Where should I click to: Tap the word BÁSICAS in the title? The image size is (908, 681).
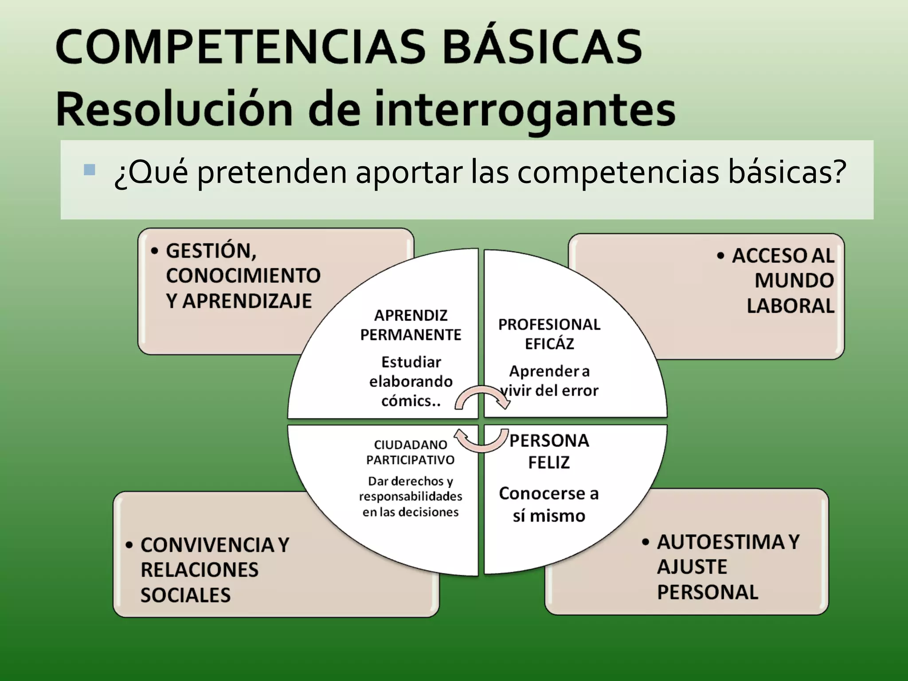point(542,47)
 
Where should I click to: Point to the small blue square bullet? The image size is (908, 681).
point(89,169)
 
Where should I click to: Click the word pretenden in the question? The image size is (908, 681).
point(272,172)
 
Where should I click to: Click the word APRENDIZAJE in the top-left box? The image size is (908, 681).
point(247,301)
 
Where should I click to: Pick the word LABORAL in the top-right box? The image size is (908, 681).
point(790,306)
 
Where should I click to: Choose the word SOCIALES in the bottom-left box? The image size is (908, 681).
point(186,595)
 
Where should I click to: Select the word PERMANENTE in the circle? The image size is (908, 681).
point(411,335)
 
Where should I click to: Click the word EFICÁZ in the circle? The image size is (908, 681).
point(549,344)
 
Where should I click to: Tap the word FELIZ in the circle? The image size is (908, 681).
point(549,462)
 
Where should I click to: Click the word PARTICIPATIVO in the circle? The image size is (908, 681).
point(410,460)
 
